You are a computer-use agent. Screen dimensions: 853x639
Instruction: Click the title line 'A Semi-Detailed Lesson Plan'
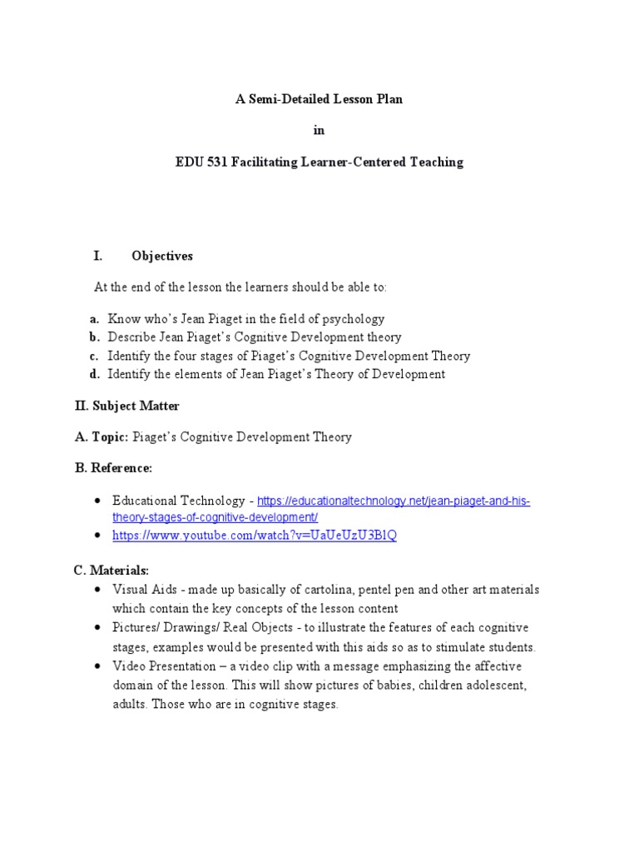319,99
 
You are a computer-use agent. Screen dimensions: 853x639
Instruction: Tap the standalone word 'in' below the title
319,131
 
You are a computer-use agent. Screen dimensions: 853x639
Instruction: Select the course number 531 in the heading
215,162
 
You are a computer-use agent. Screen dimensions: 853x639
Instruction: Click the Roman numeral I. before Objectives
97,256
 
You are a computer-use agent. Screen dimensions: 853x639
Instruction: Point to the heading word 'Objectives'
162,256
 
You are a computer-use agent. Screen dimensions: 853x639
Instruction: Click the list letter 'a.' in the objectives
96,319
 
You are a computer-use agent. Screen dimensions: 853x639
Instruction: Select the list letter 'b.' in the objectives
96,337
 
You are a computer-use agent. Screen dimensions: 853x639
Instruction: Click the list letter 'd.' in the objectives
96,374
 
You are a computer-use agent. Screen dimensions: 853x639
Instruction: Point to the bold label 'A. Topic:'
102,436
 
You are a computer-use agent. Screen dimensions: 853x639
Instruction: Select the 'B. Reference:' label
114,468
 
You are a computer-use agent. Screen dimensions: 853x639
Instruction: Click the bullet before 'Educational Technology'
98,501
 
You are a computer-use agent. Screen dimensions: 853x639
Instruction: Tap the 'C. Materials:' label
111,571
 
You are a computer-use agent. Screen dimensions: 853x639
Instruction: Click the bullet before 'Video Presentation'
98,666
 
